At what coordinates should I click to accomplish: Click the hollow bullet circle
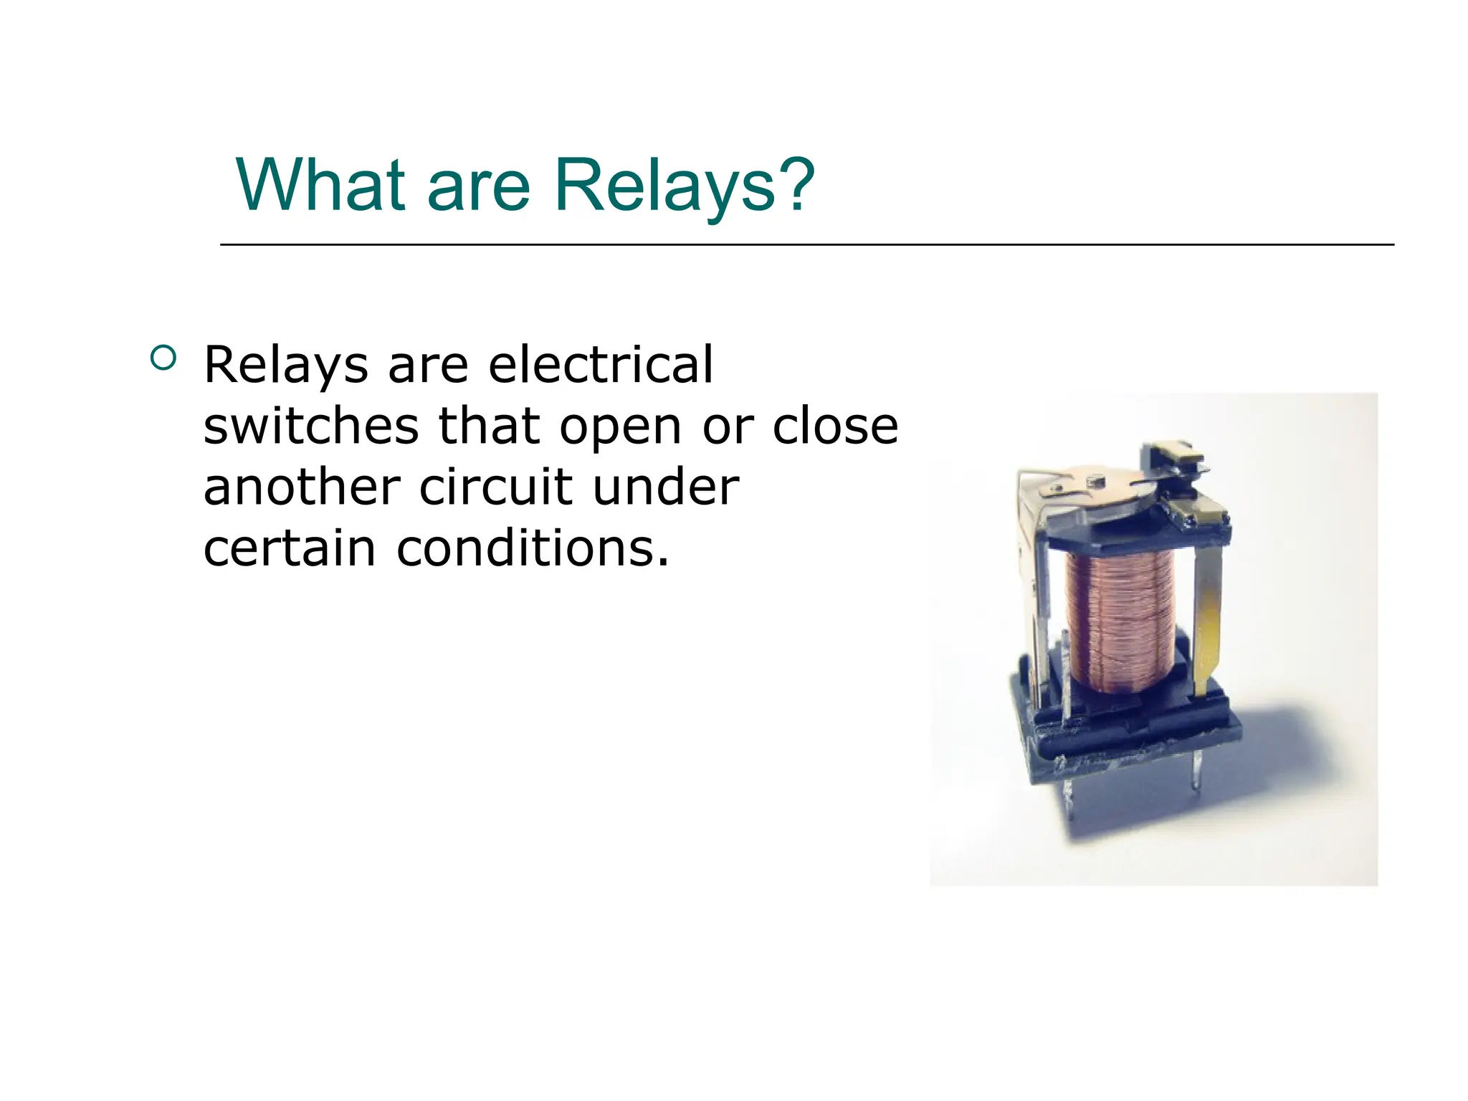(x=163, y=358)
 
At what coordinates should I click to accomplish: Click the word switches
(x=311, y=426)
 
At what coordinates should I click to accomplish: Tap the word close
(x=835, y=426)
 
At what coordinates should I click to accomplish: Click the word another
(x=302, y=487)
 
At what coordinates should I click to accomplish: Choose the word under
(x=666, y=487)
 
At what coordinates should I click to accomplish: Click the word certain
(x=290, y=549)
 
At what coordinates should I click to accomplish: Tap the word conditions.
(x=533, y=549)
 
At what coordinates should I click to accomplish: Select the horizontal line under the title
(x=806, y=245)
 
